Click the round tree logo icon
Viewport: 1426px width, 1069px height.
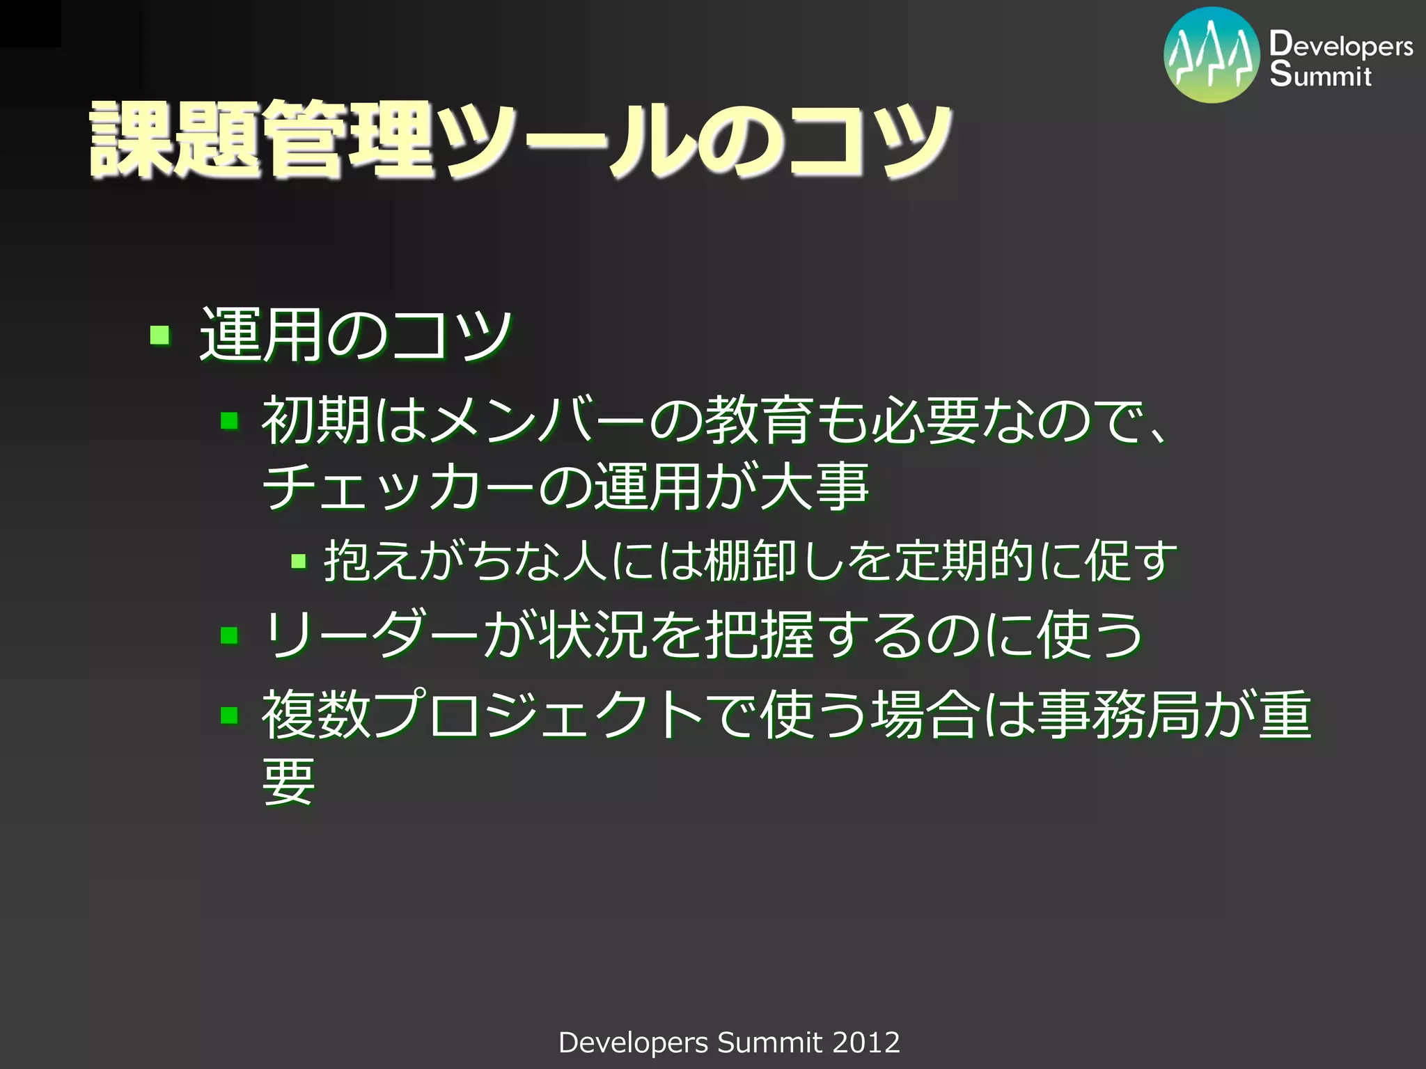point(1212,55)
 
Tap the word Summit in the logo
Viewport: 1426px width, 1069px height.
point(1320,74)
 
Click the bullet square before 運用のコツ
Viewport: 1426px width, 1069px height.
point(160,335)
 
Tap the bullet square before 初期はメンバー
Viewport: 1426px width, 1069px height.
point(230,420)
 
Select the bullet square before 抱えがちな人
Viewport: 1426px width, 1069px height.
point(299,561)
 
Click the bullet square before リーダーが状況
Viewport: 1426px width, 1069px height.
point(230,635)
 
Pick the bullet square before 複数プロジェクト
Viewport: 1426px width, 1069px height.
point(230,715)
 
